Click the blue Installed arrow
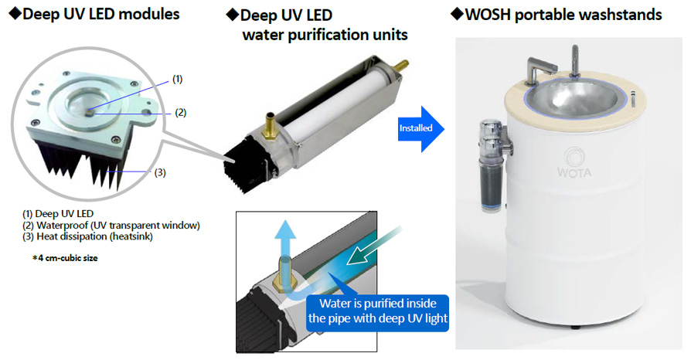click(x=420, y=129)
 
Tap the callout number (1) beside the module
click(x=177, y=80)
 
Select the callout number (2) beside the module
click(x=181, y=113)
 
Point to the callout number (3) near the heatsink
click(x=160, y=172)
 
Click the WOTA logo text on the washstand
click(x=574, y=172)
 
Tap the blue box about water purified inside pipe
click(x=378, y=312)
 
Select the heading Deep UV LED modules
click(x=94, y=14)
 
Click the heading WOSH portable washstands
click(x=557, y=15)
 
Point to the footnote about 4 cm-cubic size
click(x=65, y=258)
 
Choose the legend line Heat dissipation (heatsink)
click(x=87, y=236)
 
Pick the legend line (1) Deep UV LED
click(x=58, y=214)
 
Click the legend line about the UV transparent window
click(x=111, y=225)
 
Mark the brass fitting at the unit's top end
click(x=400, y=66)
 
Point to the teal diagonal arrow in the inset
click(x=375, y=246)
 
